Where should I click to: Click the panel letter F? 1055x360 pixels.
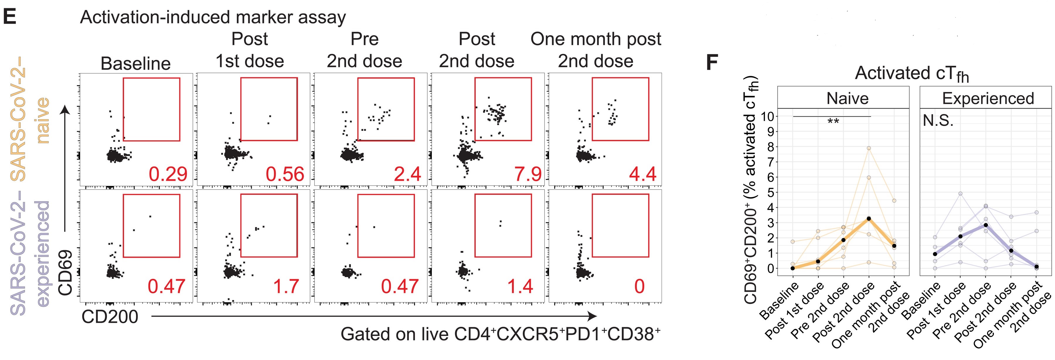pos(712,64)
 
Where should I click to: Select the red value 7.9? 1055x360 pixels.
pos(528,174)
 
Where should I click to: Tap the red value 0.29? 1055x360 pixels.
pos(168,174)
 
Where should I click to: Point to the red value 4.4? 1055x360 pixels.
pos(643,174)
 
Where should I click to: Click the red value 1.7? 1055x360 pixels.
pos(286,286)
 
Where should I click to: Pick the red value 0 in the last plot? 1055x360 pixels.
pos(639,286)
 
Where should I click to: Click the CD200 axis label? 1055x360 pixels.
pos(110,317)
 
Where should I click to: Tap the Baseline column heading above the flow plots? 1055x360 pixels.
pos(136,64)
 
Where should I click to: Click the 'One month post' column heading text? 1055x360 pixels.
pos(595,39)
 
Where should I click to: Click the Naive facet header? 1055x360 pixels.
pos(847,98)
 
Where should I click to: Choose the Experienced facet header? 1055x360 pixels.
pos(988,98)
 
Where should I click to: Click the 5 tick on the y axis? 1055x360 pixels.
pos(770,192)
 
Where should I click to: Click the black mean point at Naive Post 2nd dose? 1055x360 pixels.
pos(869,219)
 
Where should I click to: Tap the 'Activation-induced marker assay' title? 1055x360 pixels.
pos(213,17)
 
